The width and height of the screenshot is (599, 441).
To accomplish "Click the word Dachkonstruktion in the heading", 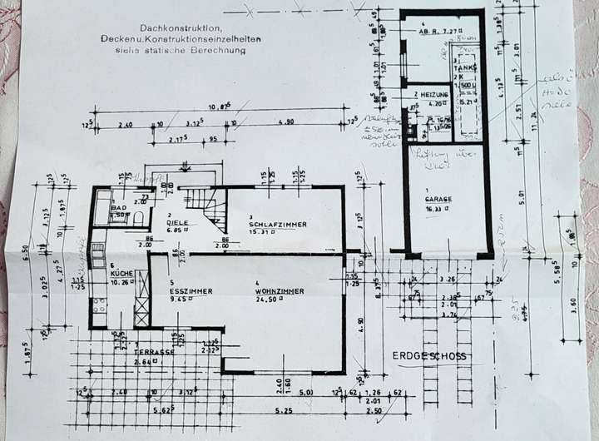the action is point(172,28).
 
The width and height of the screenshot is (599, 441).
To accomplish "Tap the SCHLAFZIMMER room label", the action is point(278,224).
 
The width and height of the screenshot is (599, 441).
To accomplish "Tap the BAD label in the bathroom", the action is point(119,206).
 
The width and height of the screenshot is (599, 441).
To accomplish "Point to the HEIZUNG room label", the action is point(433,96).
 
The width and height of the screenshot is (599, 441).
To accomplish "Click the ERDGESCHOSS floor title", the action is point(429,356).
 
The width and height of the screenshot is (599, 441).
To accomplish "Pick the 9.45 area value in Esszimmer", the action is point(177,300).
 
